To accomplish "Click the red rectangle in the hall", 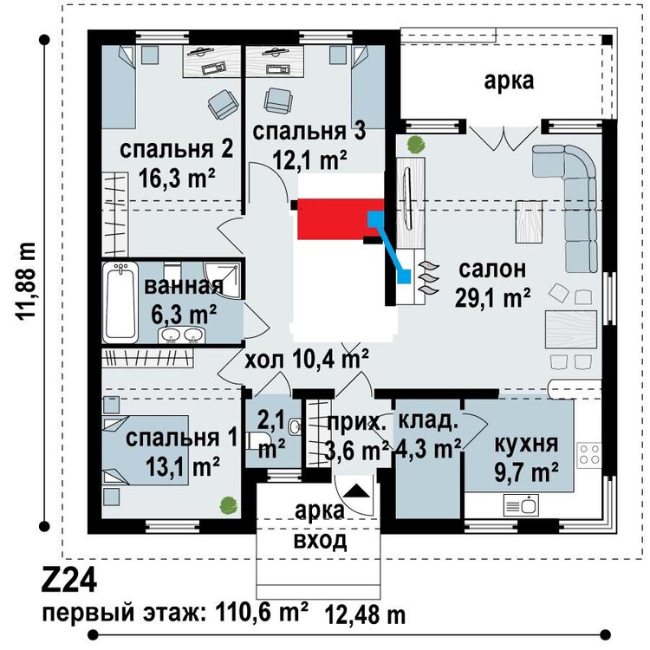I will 335,219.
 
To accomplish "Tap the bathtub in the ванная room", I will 120,303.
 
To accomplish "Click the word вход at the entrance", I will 319,542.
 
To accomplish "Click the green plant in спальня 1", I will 227,502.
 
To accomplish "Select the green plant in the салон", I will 415,142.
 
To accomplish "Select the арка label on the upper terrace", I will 509,81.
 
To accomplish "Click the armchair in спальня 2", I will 221,107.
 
